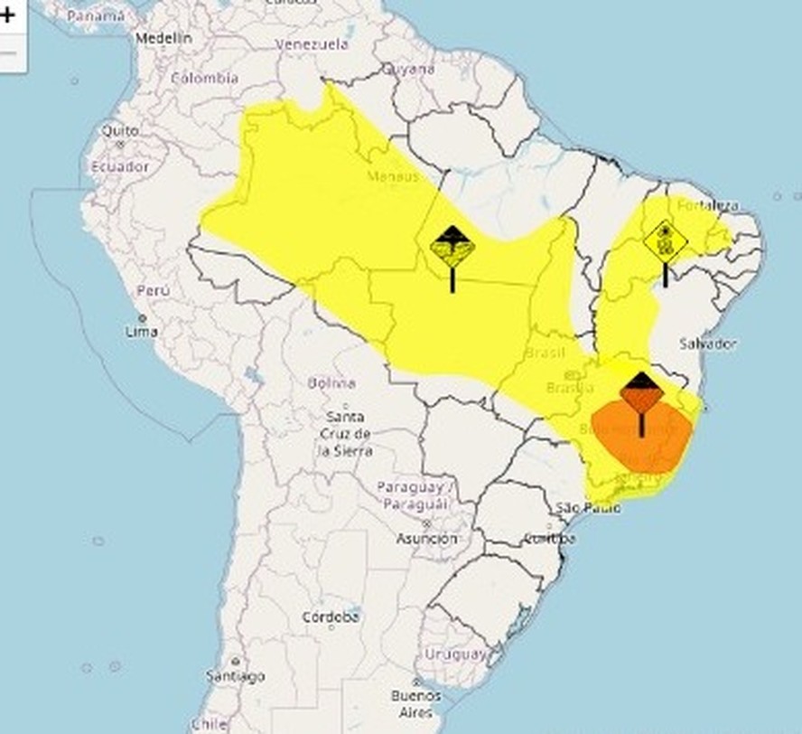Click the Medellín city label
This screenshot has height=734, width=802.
tap(163, 39)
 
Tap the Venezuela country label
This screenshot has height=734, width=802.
tap(312, 44)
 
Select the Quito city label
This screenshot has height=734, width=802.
tap(119, 131)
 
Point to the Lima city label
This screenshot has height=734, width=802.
tap(142, 332)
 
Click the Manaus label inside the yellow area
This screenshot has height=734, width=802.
tap(393, 176)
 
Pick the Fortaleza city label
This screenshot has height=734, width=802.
tap(708, 205)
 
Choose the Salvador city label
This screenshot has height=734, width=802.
tap(708, 343)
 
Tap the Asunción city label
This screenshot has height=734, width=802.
tap(426, 538)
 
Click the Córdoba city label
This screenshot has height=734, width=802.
tap(331, 617)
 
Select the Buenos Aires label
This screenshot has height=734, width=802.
tap(415, 703)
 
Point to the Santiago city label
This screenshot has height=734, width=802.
tap(235, 675)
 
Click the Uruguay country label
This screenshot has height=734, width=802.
tap(455, 654)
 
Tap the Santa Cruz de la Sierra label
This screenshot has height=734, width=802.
tap(347, 433)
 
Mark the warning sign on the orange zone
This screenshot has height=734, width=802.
tap(641, 392)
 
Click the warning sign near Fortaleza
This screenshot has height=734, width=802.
tap(666, 242)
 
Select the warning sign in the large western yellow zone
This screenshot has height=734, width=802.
tap(452, 248)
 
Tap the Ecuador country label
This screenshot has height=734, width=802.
tap(119, 166)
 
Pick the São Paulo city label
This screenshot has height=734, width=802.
tap(589, 507)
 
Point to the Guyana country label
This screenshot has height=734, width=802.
tap(408, 69)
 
